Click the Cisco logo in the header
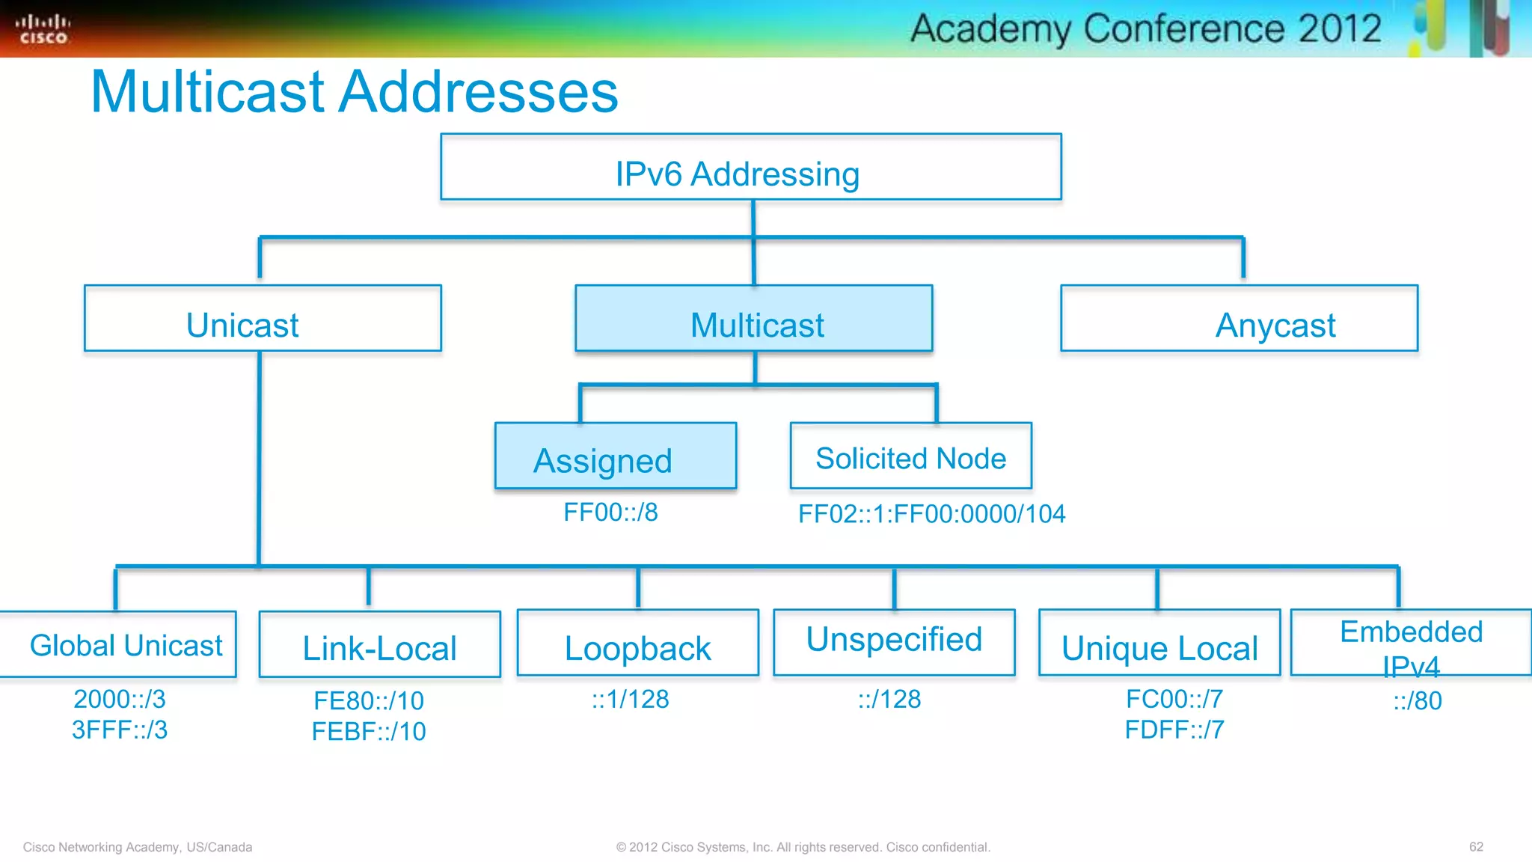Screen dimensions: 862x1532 coord(43,29)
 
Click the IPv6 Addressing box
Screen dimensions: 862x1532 coord(750,168)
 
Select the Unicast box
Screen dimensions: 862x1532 coord(263,319)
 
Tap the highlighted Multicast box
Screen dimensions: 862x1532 coord(753,319)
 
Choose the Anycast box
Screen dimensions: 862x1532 coord(1239,319)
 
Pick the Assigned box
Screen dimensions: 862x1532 coord(615,456)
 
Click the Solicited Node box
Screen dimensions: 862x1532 coord(910,456)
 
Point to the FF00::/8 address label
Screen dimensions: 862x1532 coord(610,513)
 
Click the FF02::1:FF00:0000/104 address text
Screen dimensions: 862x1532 coord(931,514)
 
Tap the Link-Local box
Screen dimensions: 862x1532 coord(379,645)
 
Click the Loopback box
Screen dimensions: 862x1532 coord(637,644)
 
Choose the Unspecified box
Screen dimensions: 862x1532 coord(894,642)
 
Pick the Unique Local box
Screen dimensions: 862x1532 coord(1159,644)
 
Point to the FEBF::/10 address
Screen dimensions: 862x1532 coord(369,731)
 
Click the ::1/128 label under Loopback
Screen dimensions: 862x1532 coord(630,699)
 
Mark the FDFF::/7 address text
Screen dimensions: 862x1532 coord(1174,730)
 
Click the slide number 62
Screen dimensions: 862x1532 coord(1476,846)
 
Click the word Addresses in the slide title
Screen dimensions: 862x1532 coord(479,91)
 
